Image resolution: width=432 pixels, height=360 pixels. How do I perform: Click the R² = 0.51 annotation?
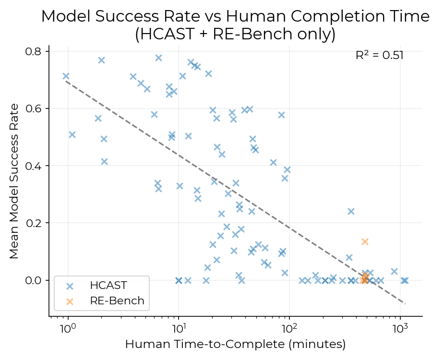point(379,55)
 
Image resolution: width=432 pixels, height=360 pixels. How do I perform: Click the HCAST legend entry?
point(108,286)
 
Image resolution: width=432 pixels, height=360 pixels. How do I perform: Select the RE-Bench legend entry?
point(117,301)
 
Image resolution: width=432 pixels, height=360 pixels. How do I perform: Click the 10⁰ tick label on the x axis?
point(68,329)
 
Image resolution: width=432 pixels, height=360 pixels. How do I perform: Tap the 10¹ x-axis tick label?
point(179,329)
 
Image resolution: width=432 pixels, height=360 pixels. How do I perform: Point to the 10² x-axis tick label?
point(289,329)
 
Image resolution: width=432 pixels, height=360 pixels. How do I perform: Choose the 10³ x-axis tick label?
point(400,329)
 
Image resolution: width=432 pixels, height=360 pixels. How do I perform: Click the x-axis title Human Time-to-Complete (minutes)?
point(235,345)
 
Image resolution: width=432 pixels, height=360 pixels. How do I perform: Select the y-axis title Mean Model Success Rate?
point(14,180)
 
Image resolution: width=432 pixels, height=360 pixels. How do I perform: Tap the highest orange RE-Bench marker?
point(365,241)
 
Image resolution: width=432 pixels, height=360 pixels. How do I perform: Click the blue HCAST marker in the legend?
point(70,286)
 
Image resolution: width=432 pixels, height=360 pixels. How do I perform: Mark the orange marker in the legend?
point(70,301)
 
